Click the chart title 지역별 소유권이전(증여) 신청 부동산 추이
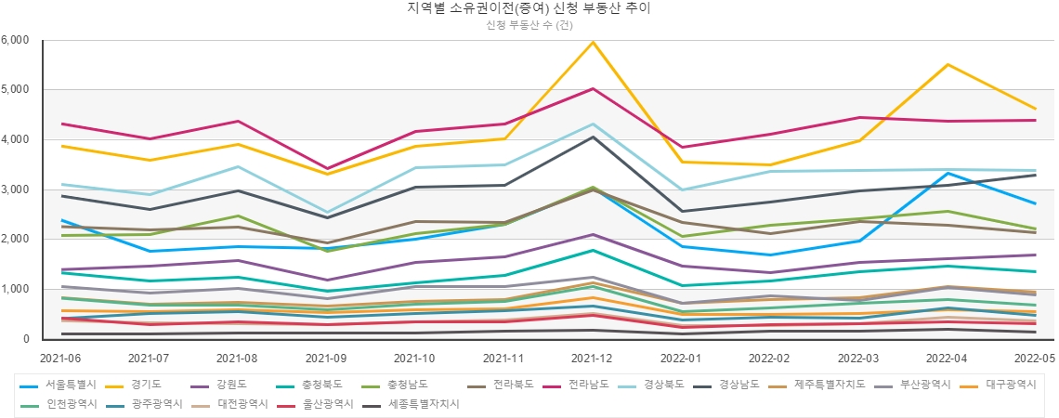click(529, 9)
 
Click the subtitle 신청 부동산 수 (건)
click(529, 25)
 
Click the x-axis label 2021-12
click(592, 357)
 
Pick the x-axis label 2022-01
click(681, 357)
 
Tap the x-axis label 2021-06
click(61, 357)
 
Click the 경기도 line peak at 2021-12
click(592, 42)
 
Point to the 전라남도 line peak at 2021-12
click(592, 89)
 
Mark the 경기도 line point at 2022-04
click(947, 65)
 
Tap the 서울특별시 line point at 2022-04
click(947, 173)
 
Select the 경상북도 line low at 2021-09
click(326, 212)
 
